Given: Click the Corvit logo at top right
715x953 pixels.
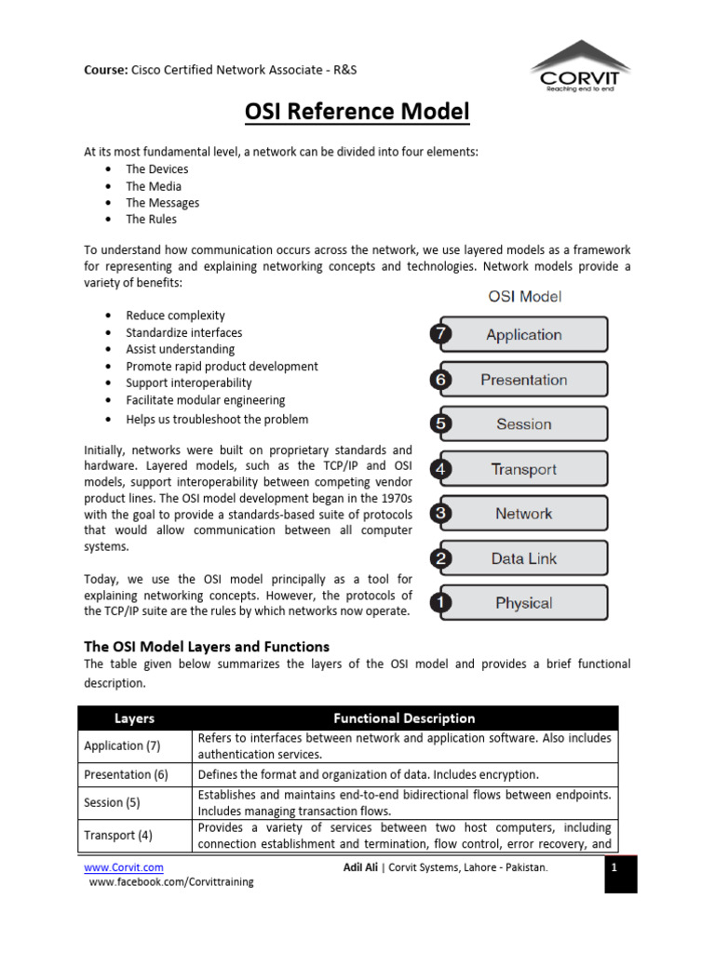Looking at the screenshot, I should click(579, 65).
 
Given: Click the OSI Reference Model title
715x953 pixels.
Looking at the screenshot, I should click(357, 113).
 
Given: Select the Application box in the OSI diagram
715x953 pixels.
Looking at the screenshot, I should click(524, 334).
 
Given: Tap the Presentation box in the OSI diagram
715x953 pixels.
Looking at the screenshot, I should click(524, 380).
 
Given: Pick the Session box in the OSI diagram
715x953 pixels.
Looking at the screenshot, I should click(524, 424).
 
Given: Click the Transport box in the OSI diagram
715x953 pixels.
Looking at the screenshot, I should click(524, 469).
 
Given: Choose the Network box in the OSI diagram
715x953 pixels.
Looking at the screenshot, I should click(524, 514).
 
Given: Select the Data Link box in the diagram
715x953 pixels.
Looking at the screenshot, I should click(524, 558).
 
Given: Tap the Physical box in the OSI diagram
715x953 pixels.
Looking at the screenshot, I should click(524, 603).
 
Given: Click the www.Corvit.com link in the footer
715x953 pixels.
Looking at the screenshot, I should click(124, 867).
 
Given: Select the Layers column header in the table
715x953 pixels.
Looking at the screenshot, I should click(135, 718).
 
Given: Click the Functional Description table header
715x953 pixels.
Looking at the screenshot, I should click(404, 718).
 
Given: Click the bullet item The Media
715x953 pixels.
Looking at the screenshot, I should click(154, 186).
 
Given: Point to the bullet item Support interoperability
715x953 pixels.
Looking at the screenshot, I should click(189, 383).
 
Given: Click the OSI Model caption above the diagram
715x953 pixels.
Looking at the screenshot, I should click(525, 297).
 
